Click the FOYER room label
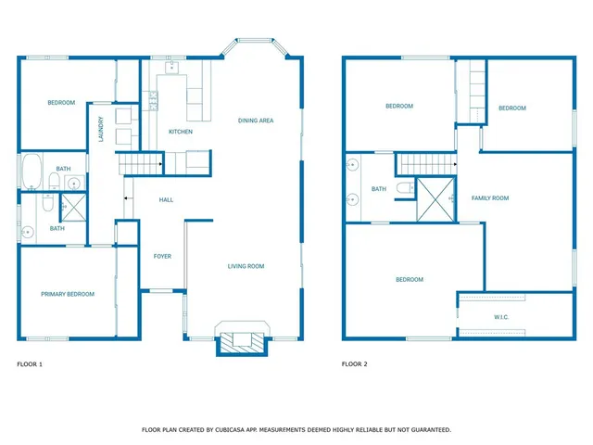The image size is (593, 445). [162, 256]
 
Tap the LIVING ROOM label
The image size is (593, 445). [246, 266]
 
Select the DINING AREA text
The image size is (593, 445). [256, 121]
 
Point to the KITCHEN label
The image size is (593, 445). [181, 132]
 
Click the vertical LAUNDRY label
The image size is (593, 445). [101, 127]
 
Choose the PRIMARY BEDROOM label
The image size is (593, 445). [68, 294]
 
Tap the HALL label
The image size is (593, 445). [167, 199]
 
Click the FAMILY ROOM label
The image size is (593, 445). [490, 197]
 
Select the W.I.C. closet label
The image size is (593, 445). [501, 317]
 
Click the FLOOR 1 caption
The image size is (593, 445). [31, 364]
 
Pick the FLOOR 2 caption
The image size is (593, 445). [355, 364]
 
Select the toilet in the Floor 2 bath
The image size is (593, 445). [404, 188]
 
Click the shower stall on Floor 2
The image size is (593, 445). [435, 199]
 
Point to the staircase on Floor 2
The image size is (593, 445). [427, 164]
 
